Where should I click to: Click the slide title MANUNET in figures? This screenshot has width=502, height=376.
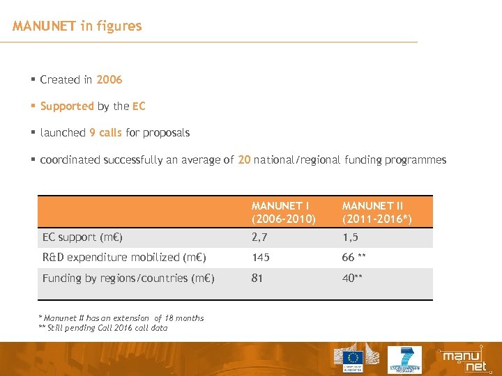(77, 26)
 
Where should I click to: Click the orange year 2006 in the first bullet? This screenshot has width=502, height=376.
(109, 80)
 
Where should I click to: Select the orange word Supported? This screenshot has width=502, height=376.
(67, 107)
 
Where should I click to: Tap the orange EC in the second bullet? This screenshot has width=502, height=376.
(139, 107)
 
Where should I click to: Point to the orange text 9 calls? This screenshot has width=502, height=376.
(105, 132)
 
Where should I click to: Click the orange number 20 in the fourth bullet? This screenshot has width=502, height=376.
(244, 159)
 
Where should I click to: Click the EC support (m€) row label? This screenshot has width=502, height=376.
(82, 237)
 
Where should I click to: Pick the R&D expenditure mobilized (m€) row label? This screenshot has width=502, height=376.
(124, 258)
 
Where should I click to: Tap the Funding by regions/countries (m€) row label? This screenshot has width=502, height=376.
(128, 279)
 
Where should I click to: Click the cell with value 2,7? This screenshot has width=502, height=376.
(259, 237)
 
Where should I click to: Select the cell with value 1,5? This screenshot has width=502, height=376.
(350, 237)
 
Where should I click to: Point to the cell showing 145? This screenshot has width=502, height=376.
(261, 258)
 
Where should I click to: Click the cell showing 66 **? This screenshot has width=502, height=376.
(354, 258)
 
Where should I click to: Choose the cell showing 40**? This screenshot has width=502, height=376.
(352, 279)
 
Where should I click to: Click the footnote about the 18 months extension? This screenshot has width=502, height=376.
(121, 318)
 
